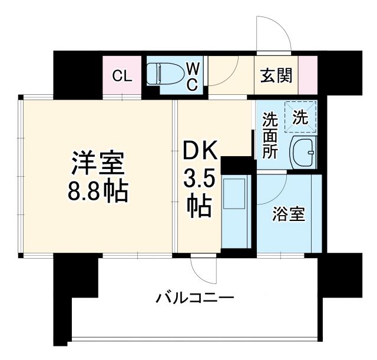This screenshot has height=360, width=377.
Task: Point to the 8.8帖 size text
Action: click(98, 191)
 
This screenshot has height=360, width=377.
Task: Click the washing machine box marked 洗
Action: click(300, 117)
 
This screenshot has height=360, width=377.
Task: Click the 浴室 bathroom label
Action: click(289, 214)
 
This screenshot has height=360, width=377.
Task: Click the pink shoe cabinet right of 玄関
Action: click(307, 75)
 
